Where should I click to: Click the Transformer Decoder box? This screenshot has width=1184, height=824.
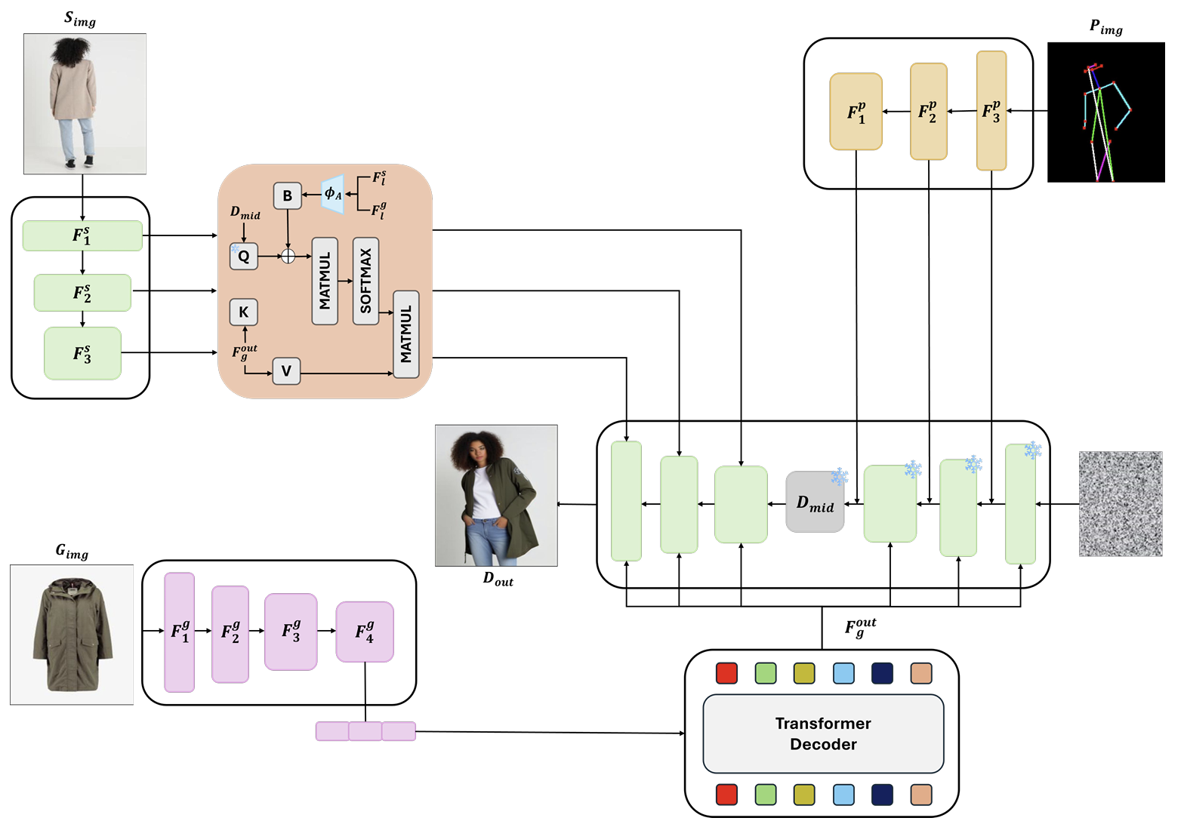click(823, 733)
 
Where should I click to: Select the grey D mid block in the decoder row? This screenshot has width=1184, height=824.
click(815, 503)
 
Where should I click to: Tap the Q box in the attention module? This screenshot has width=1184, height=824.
click(244, 256)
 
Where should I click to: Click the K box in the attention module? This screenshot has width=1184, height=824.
click(244, 312)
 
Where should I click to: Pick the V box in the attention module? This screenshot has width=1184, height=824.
click(286, 370)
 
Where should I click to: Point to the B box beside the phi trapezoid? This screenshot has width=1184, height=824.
click(287, 195)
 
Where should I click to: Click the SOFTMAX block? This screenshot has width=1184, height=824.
click(366, 281)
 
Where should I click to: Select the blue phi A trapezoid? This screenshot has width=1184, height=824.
click(333, 195)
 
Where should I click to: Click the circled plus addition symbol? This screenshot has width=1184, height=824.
click(288, 256)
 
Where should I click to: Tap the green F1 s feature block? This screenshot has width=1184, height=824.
click(82, 235)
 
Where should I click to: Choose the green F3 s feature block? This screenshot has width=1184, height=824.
click(82, 353)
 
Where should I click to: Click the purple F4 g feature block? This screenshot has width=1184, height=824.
click(365, 632)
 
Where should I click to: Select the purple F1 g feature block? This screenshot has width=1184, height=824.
click(180, 632)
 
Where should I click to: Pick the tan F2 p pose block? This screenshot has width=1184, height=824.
click(928, 112)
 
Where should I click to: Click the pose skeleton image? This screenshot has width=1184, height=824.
click(1105, 112)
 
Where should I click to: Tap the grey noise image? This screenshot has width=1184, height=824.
click(1121, 504)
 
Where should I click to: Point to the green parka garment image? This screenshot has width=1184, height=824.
click(72, 635)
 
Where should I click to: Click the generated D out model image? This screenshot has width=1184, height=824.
click(496, 495)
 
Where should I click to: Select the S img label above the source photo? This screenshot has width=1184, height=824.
click(80, 20)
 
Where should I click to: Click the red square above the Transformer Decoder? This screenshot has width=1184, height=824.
click(726, 673)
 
